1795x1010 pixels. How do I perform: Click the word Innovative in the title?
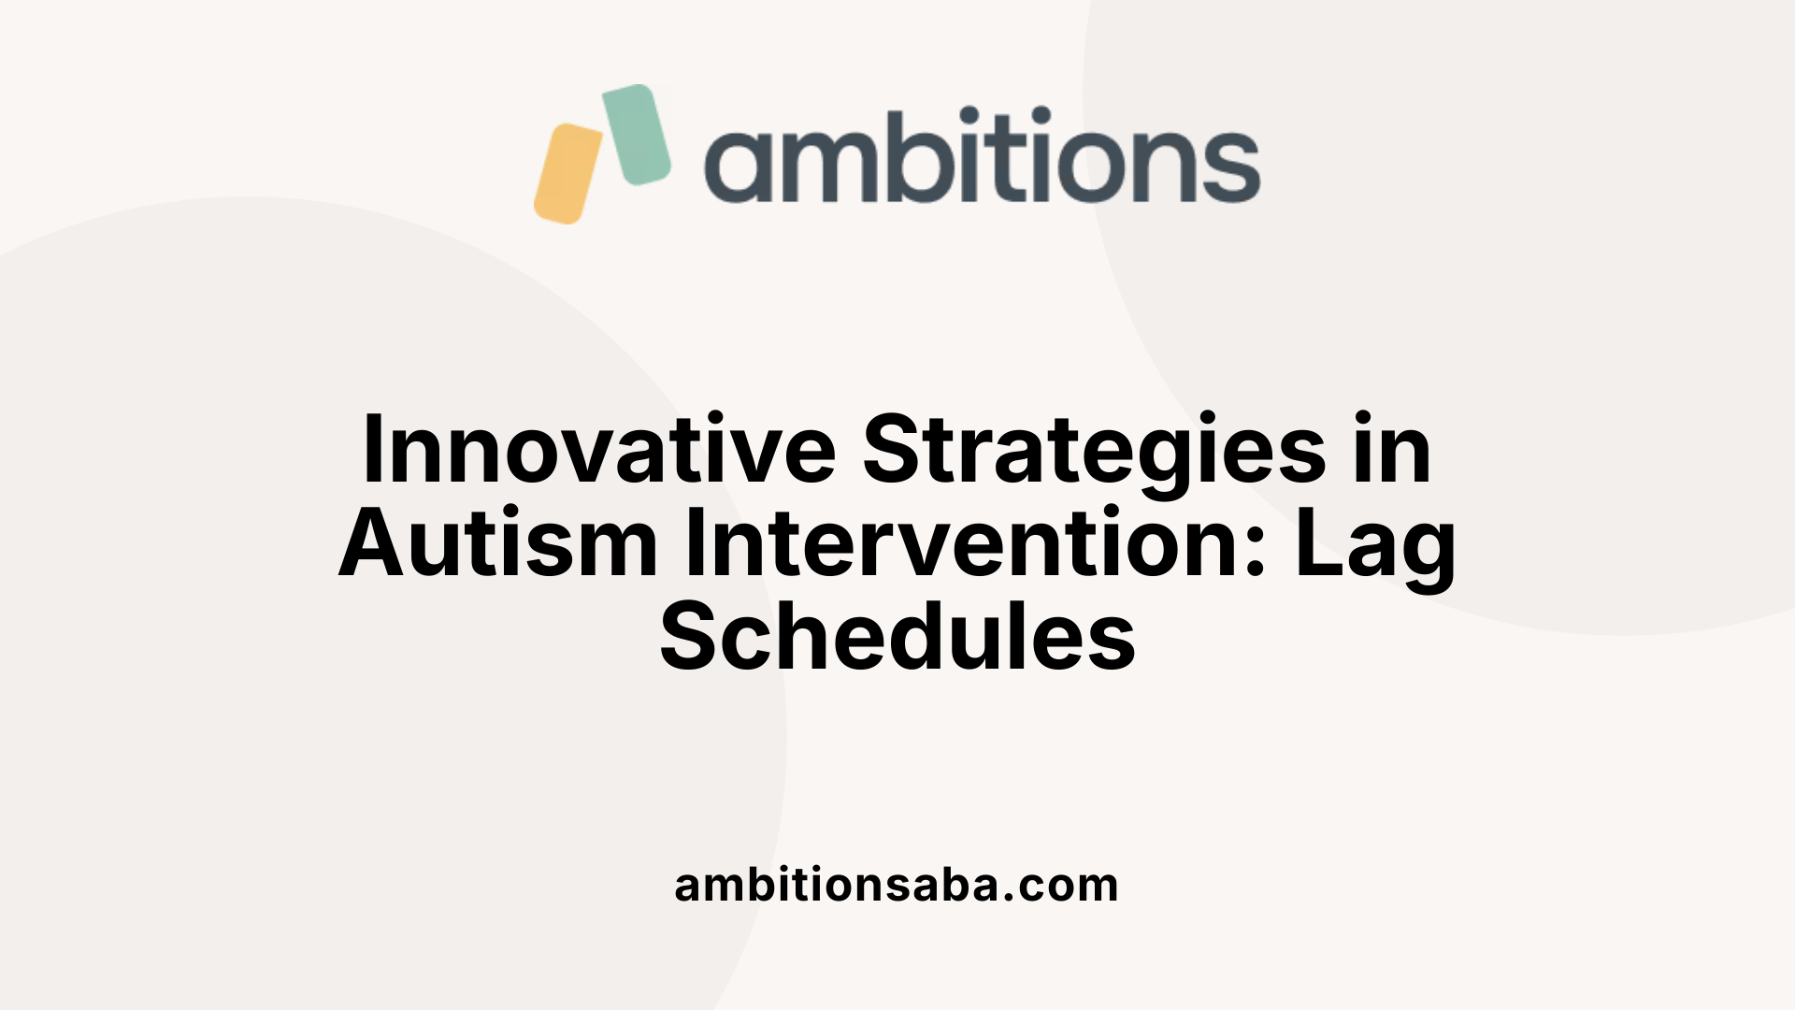pyautogui.click(x=598, y=451)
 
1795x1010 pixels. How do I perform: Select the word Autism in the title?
pyautogui.click(x=498, y=544)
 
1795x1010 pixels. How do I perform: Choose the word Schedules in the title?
pyautogui.click(x=897, y=638)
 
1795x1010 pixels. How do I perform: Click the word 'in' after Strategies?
pyautogui.click(x=1392, y=451)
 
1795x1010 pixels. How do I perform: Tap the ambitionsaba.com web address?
pyautogui.click(x=897, y=885)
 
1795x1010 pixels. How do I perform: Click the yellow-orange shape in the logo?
pyautogui.click(x=567, y=174)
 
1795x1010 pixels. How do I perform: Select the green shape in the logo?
pyautogui.click(x=637, y=134)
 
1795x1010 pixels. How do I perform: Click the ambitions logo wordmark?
pyautogui.click(x=982, y=156)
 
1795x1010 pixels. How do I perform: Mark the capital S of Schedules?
pyautogui.click(x=691, y=638)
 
